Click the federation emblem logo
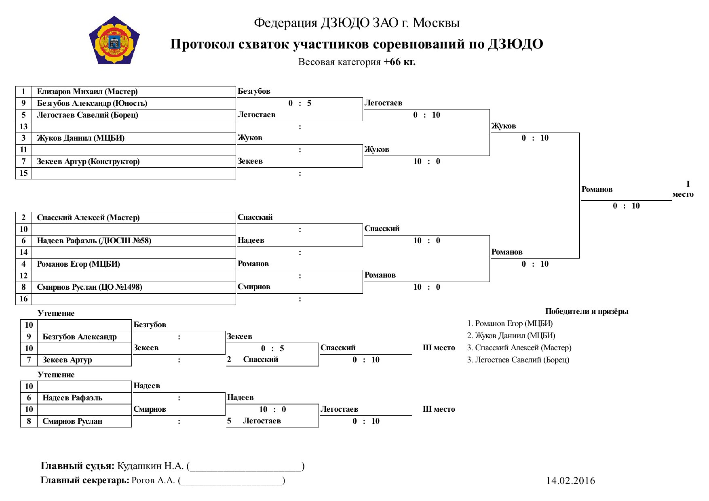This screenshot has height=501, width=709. [114, 40]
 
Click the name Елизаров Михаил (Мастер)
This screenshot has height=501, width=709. [87, 92]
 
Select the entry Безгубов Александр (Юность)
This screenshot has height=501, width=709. [92, 103]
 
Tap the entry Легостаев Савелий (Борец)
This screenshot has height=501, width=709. [88, 115]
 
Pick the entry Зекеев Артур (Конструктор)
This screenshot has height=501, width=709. [88, 162]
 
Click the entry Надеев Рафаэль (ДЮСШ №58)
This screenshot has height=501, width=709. [94, 241]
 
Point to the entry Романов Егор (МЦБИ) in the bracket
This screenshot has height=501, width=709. [78, 264]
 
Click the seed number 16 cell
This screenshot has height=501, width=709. [24, 299]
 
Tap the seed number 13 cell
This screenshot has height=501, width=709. [24, 127]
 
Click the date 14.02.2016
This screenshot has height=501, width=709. [571, 481]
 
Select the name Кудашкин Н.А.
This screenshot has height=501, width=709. [150, 466]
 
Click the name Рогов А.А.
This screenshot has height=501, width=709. [153, 480]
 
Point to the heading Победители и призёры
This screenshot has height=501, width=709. [587, 312]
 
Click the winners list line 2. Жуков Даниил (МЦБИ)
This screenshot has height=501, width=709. [511, 336]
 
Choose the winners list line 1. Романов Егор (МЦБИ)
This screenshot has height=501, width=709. [510, 324]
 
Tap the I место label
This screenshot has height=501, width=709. [683, 189]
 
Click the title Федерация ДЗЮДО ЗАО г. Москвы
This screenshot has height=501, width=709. [357, 23]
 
